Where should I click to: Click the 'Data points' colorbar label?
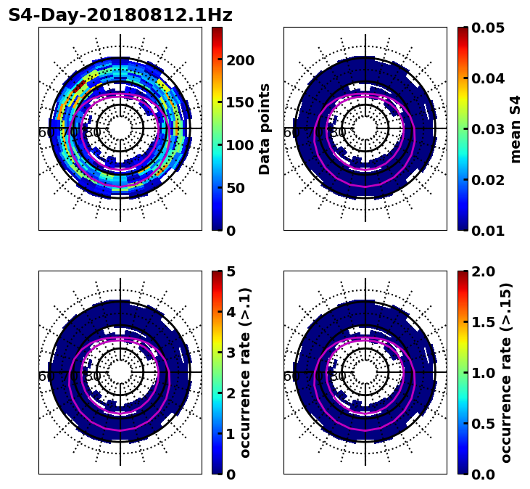(265, 129)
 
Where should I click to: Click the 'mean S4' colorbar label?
(515, 129)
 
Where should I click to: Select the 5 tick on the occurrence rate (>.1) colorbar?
(231, 271)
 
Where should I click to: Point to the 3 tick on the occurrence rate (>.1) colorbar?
(231, 353)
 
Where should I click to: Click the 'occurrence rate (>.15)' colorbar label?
(506, 373)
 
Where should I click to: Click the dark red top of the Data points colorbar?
(217, 30)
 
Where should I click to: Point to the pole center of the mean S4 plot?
(365, 128)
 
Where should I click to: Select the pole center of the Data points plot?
(120, 128)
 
